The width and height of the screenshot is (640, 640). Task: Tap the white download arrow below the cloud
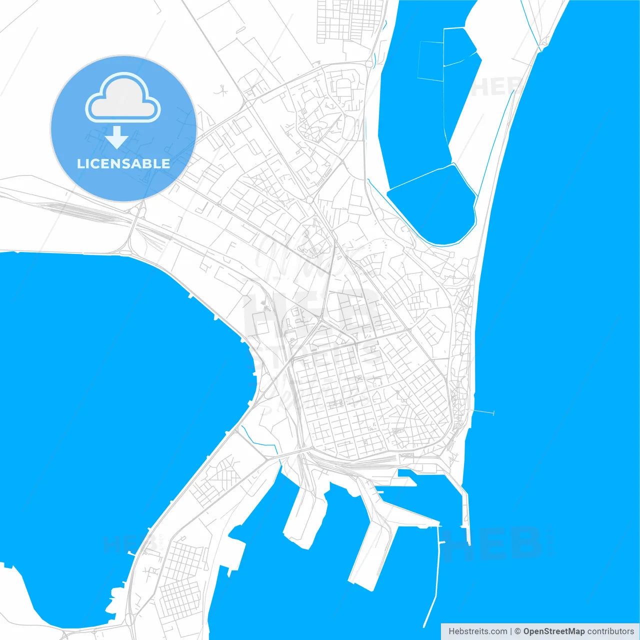point(117,137)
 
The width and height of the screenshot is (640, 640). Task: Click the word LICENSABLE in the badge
point(123,163)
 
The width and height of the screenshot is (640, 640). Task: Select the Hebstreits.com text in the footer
point(477,631)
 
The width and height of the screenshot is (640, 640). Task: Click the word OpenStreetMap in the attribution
point(553,631)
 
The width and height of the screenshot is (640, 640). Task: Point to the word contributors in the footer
point(610,631)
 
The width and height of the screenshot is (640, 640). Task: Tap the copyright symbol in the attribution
point(518,631)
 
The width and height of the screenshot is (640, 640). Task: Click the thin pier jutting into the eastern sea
point(484,412)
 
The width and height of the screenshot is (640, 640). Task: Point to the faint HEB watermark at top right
point(495,87)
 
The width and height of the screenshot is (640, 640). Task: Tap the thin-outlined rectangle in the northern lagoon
point(430,60)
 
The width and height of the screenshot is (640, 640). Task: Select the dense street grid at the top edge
point(350,20)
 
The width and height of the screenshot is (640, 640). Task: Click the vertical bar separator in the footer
point(510,631)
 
